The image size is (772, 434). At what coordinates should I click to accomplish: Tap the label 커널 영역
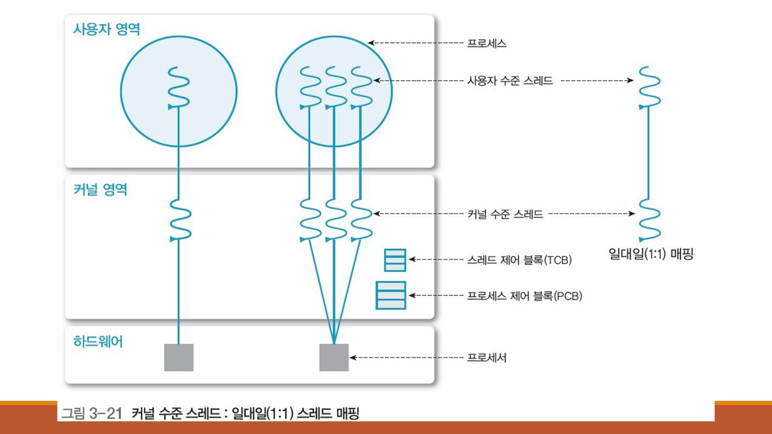pyautogui.click(x=96, y=189)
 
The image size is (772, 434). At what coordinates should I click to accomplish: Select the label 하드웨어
pyautogui.click(x=93, y=342)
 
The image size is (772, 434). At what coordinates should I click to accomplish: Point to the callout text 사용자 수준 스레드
pyautogui.click(x=510, y=80)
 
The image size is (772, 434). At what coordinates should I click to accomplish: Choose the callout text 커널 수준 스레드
pyautogui.click(x=505, y=213)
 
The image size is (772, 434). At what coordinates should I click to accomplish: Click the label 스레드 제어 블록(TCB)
pyautogui.click(x=519, y=260)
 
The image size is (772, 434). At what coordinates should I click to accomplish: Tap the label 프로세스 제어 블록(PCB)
pyautogui.click(x=524, y=297)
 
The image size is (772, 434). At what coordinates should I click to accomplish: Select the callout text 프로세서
pyautogui.click(x=487, y=358)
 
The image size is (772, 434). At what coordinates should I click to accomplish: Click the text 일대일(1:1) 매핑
pyautogui.click(x=651, y=254)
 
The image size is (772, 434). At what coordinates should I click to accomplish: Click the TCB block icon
pyautogui.click(x=395, y=260)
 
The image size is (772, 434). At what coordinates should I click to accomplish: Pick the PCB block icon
pyautogui.click(x=391, y=295)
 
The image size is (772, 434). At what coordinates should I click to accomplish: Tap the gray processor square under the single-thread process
pyautogui.click(x=179, y=357)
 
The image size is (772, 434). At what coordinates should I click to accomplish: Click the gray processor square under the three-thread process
pyautogui.click(x=334, y=357)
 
